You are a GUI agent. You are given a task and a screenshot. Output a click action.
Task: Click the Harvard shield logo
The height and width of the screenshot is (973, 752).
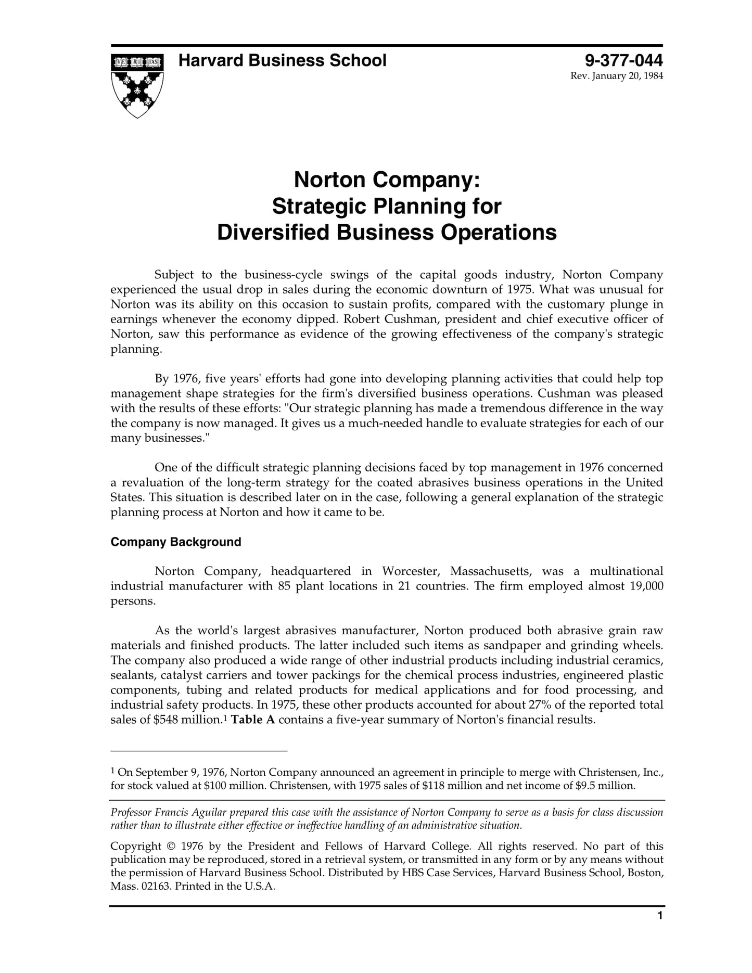point(137,85)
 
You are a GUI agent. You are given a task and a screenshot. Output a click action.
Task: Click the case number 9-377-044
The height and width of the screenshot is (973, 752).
point(623,61)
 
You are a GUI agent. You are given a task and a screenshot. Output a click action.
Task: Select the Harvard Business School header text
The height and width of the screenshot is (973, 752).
point(282,61)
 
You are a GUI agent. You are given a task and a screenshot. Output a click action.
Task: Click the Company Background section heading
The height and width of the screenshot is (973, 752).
point(176,542)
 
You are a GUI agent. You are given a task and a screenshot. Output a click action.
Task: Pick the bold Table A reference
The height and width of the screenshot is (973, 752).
point(253,720)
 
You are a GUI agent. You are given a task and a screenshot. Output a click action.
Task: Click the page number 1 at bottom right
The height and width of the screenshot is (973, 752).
point(660,930)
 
